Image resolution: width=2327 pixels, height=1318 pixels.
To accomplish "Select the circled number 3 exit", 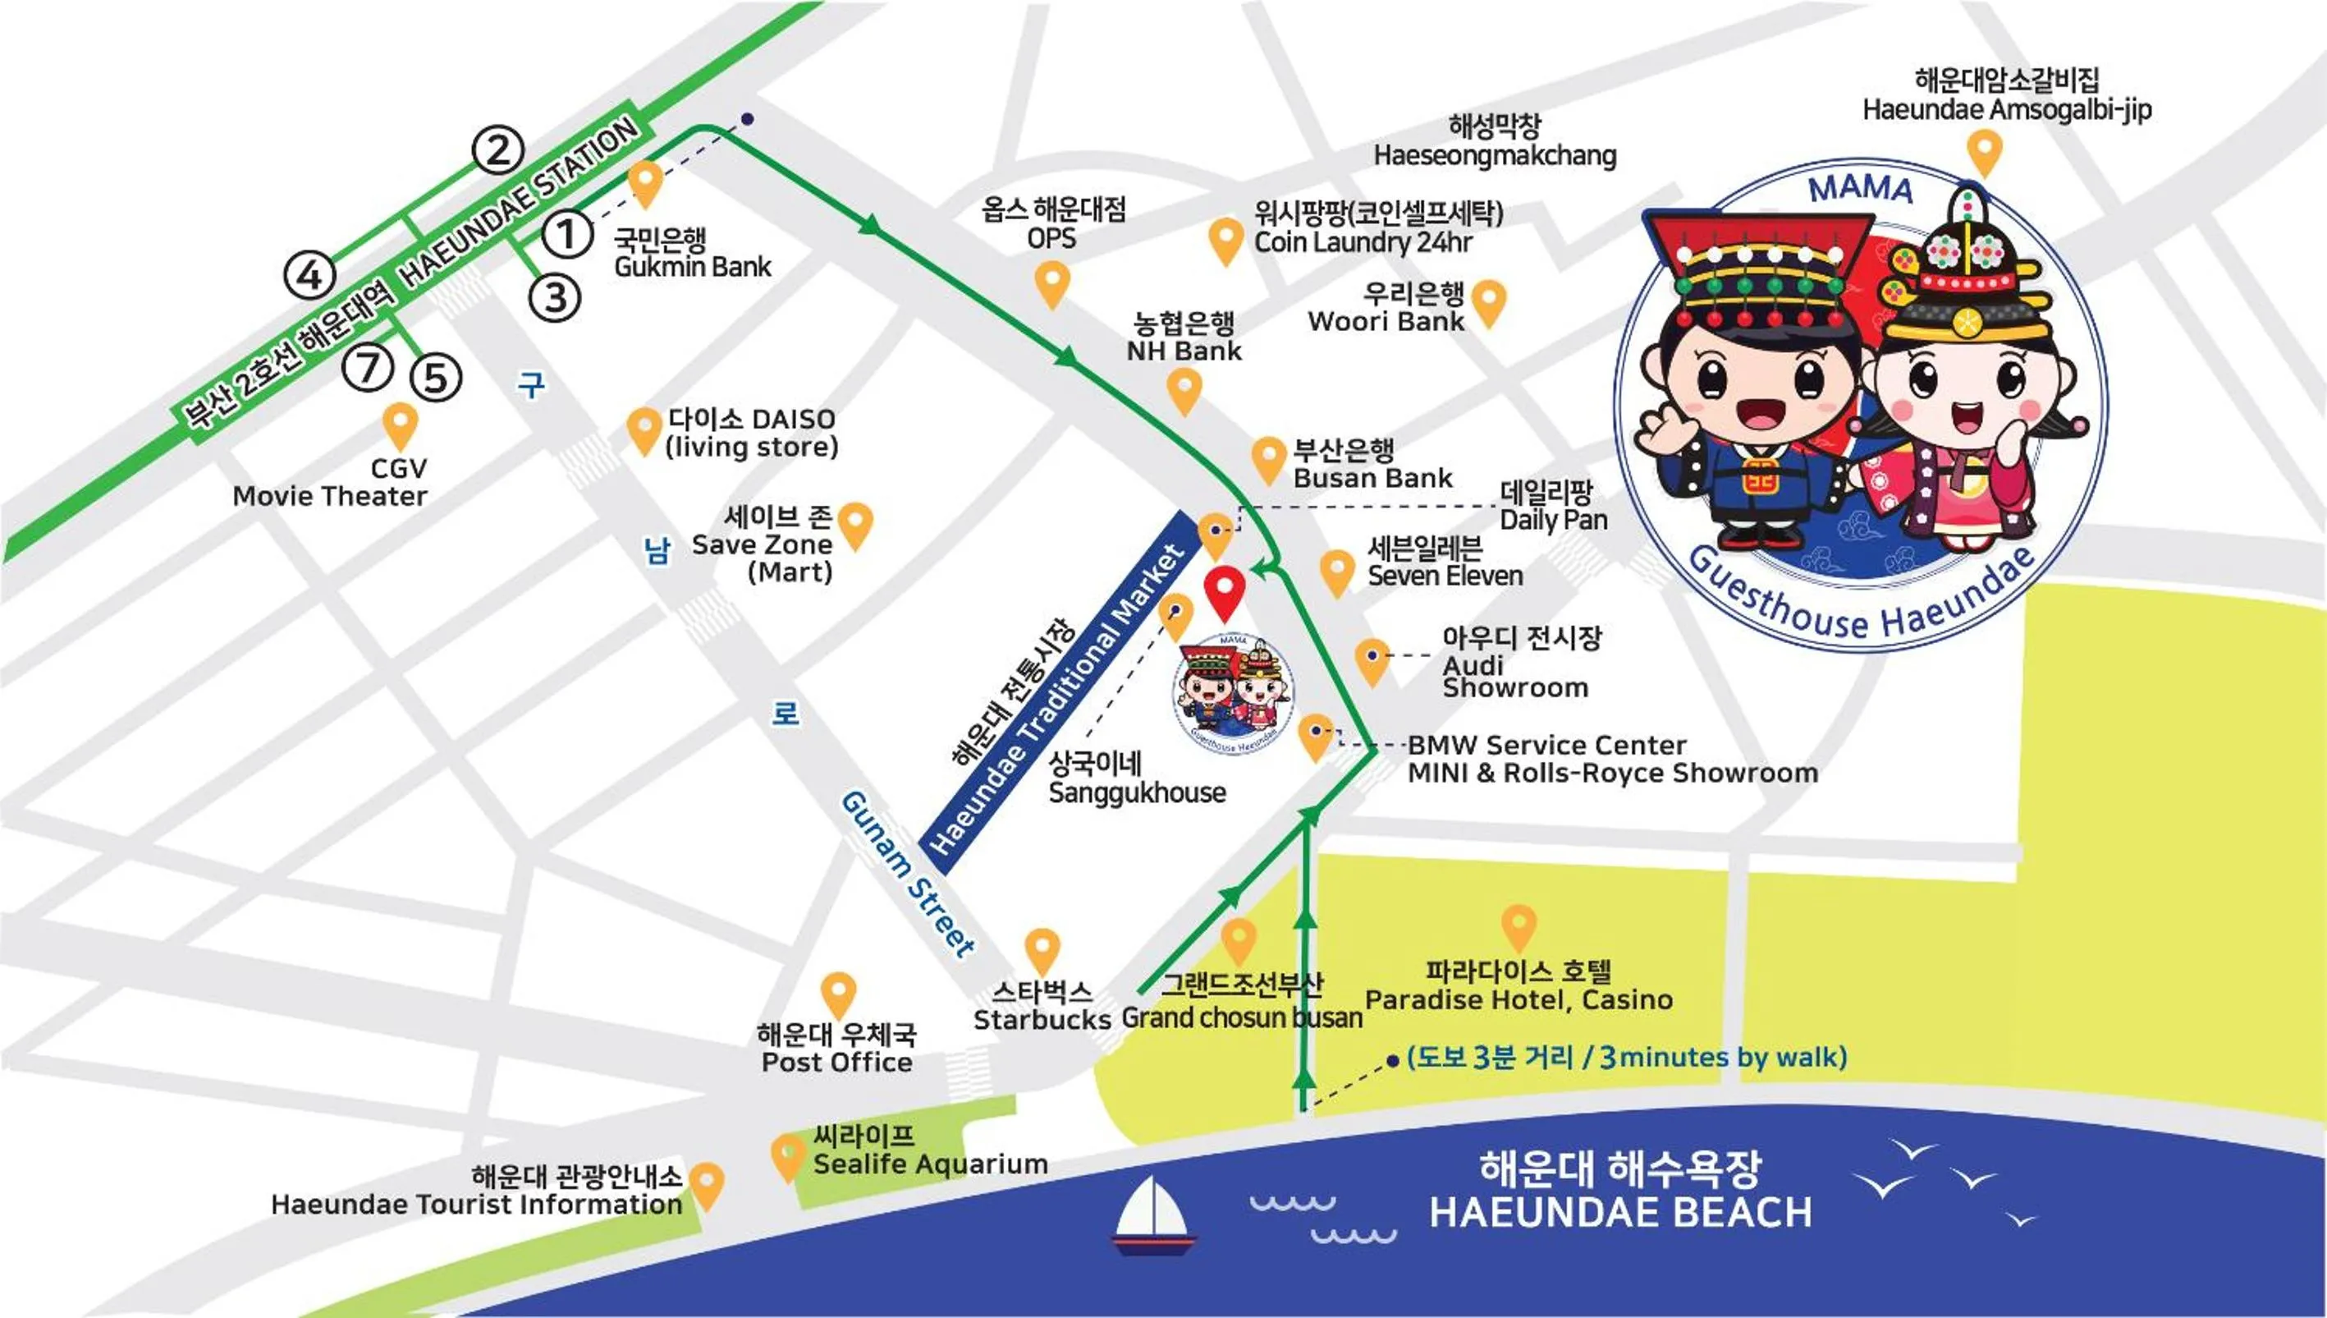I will (555, 297).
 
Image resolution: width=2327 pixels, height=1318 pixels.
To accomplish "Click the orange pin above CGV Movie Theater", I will (400, 425).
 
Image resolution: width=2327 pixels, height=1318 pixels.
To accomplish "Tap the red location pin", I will (1225, 590).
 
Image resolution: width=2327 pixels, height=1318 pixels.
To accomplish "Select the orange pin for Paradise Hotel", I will (1519, 925).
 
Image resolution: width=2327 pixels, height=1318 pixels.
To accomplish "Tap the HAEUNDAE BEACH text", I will (1620, 1211).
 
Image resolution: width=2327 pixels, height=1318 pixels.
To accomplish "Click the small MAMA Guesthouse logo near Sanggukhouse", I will (1233, 693).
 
